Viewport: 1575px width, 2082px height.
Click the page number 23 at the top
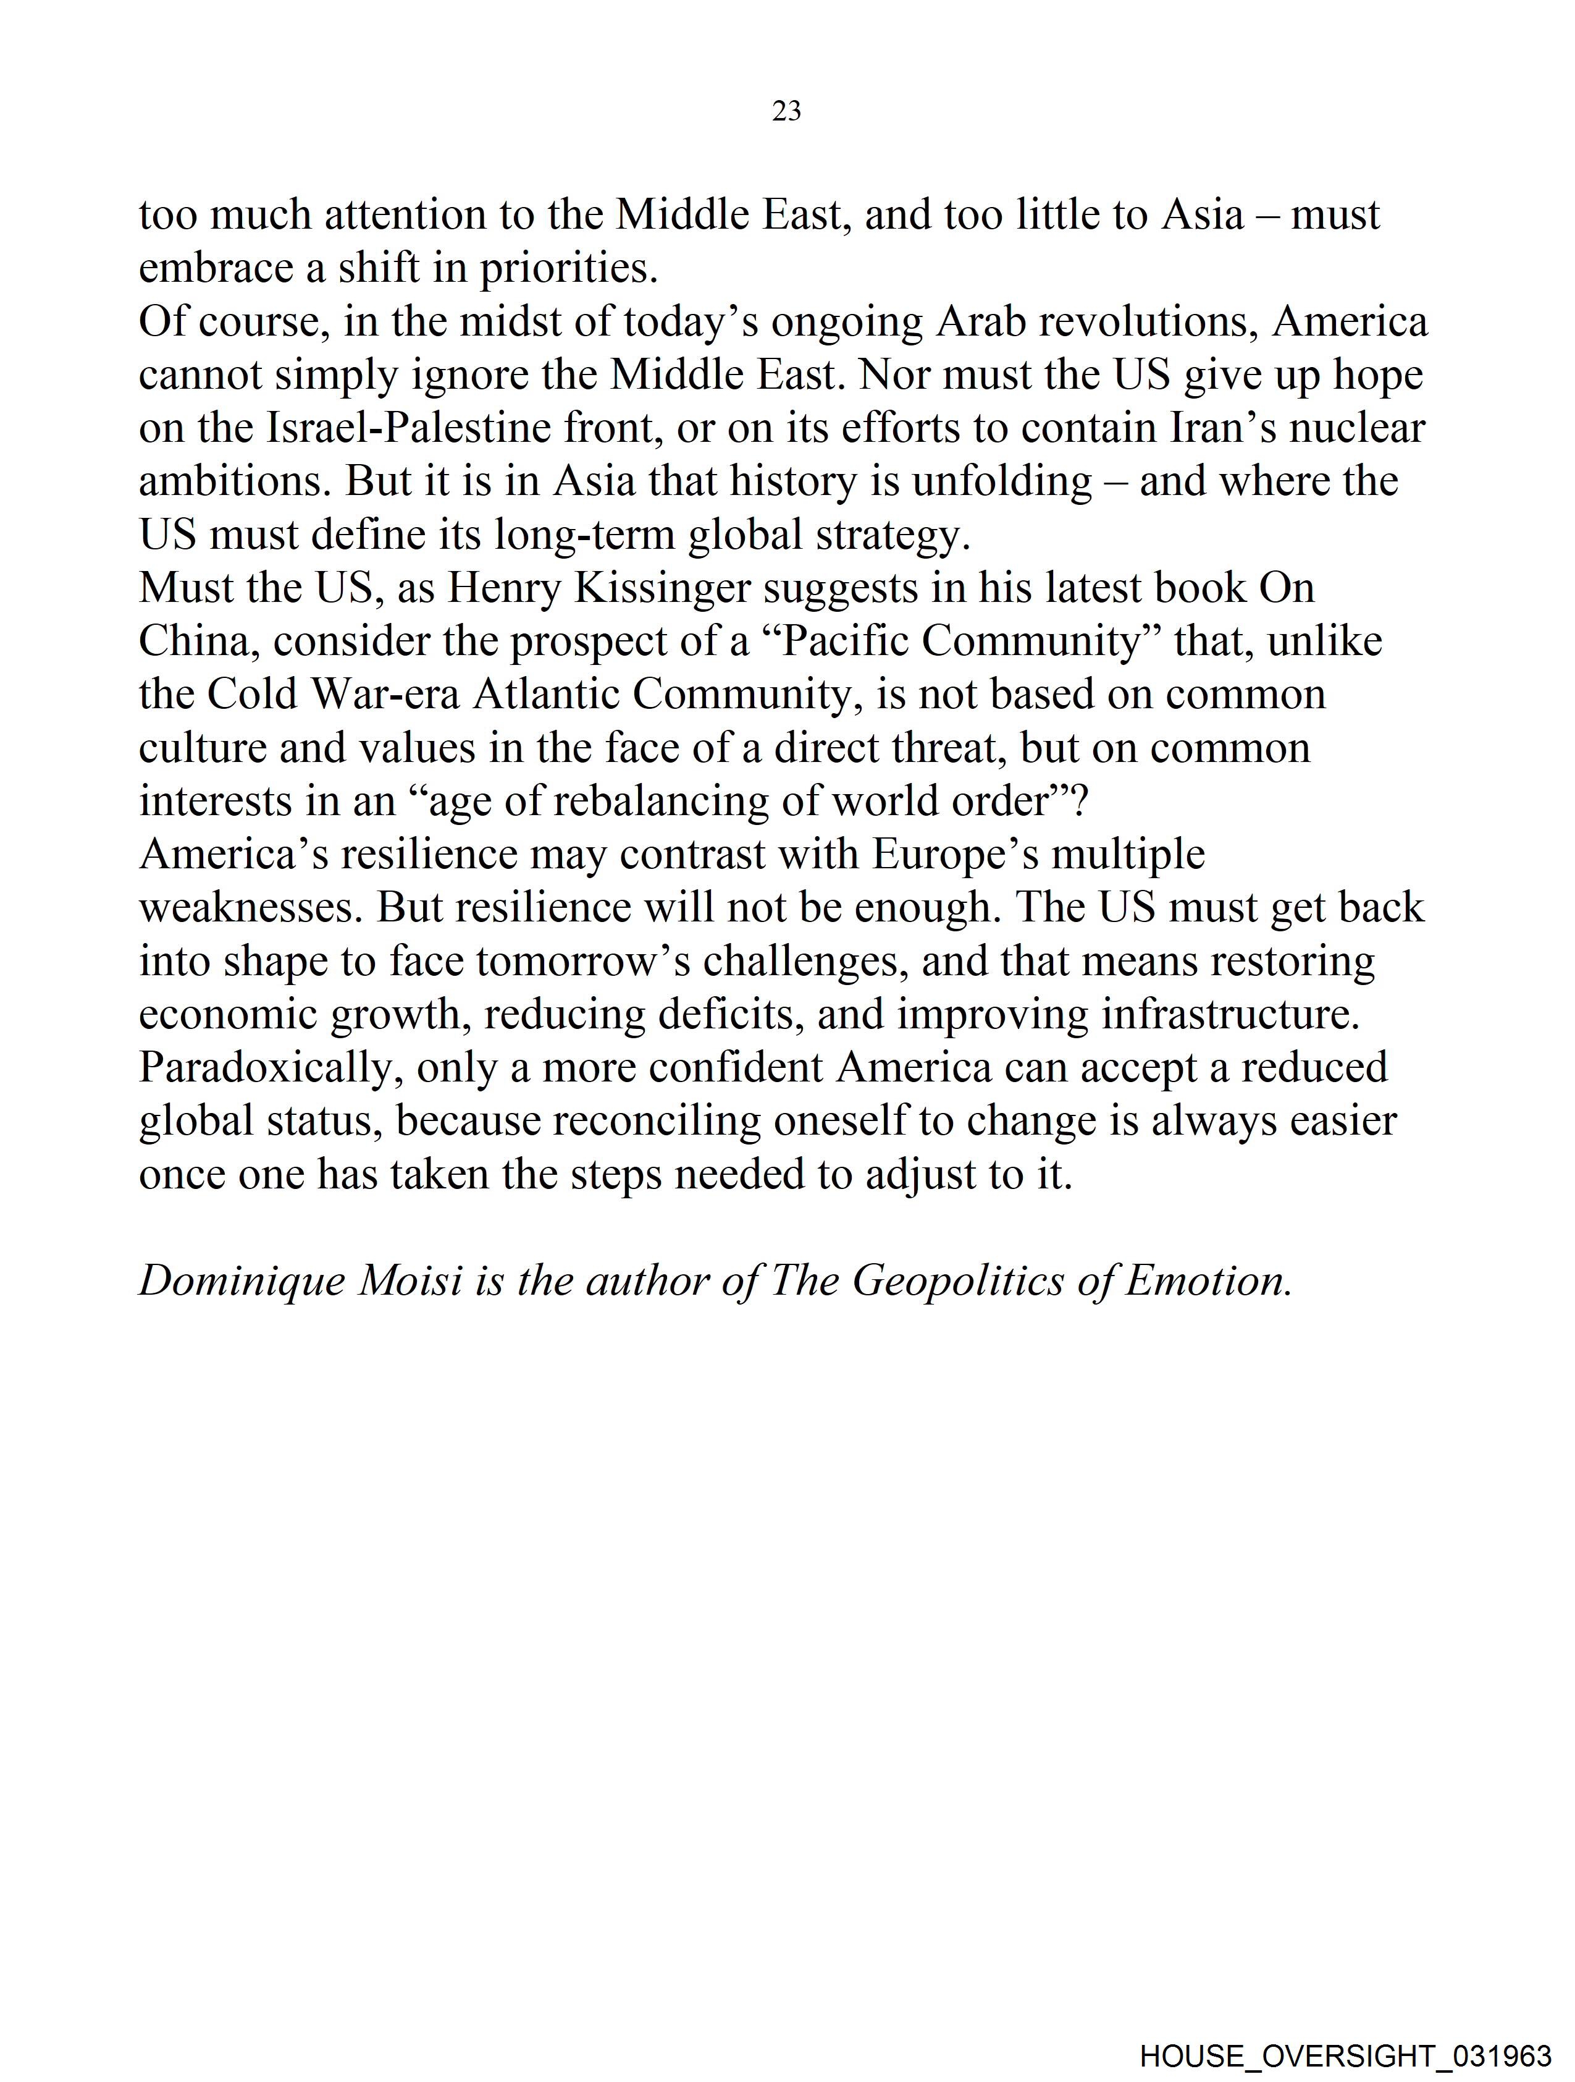(x=786, y=111)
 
